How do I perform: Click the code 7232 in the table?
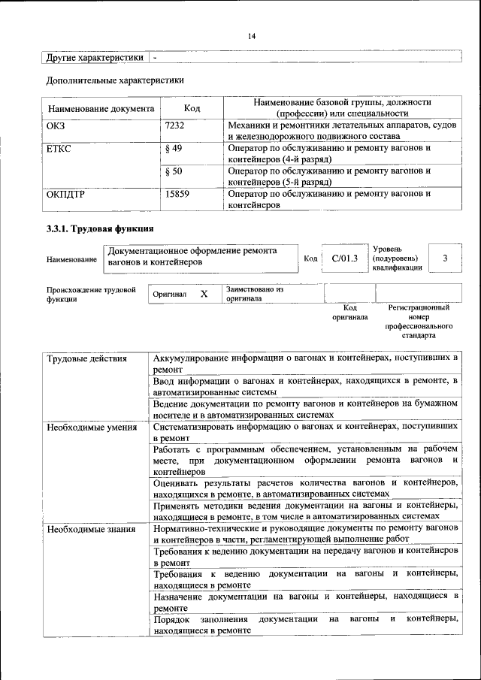tap(174, 125)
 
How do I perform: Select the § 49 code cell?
tap(173, 149)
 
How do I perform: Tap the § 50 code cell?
tap(173, 171)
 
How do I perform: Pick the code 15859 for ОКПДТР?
tap(177, 194)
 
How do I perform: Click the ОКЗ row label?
tap(56, 125)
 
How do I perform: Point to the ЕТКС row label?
tap(59, 149)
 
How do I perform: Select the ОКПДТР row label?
tap(65, 194)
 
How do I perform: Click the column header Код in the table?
tap(192, 108)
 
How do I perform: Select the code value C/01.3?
tap(343, 258)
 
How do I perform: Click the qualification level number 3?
tap(445, 258)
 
